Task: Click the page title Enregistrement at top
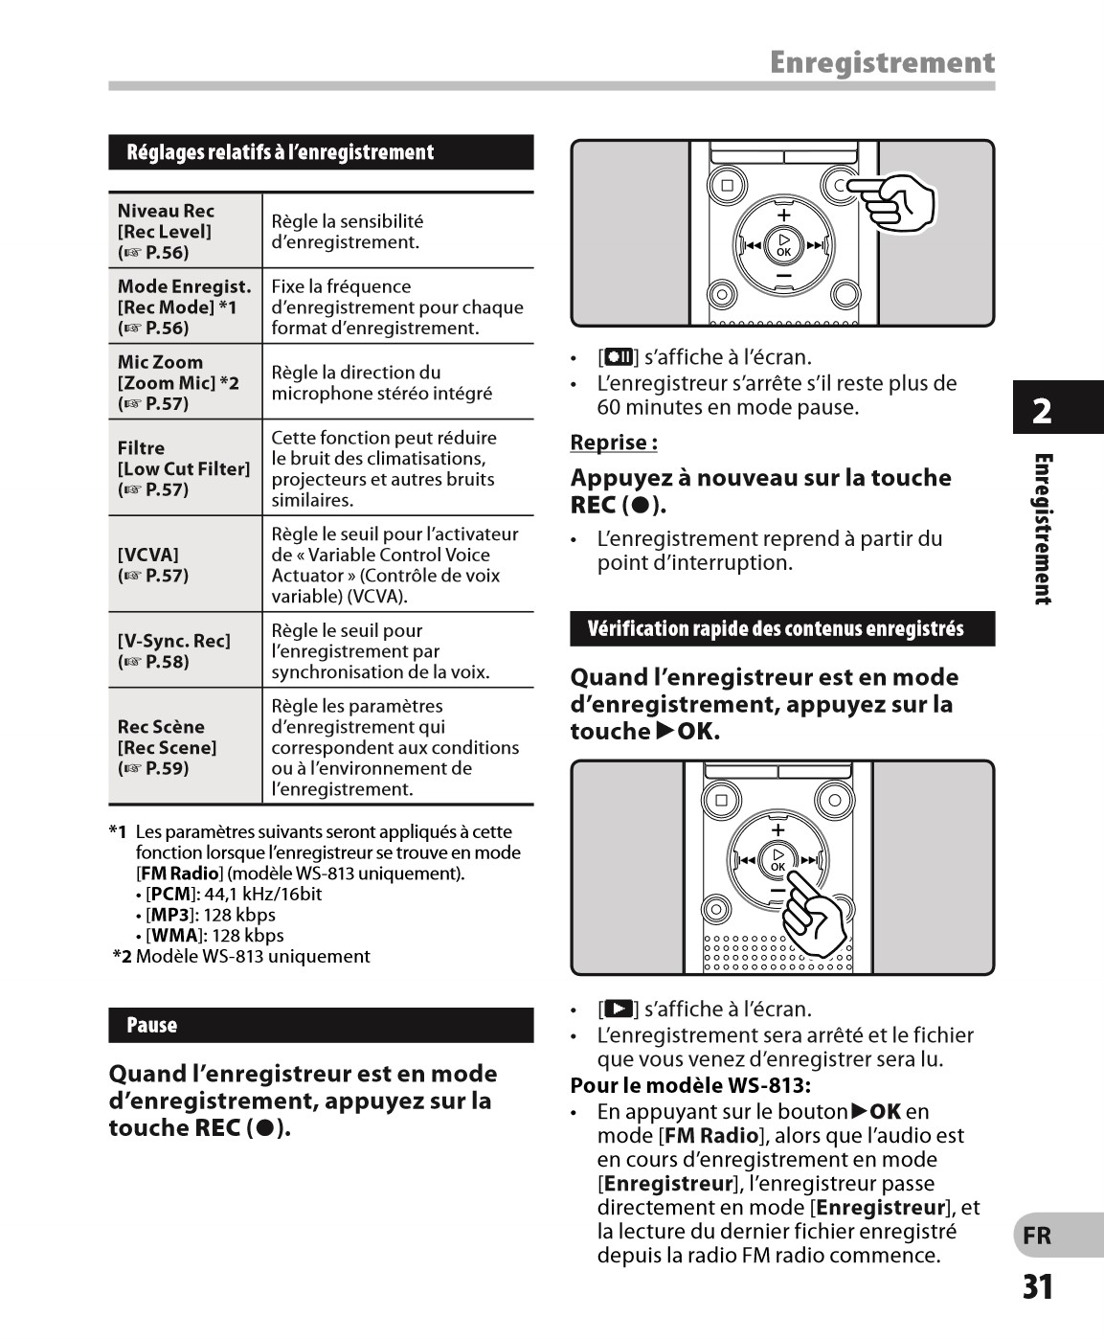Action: [x=882, y=63]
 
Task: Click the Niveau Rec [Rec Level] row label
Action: [x=166, y=231]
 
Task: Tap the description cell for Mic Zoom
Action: [x=381, y=382]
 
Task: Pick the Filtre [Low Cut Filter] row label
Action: [x=183, y=468]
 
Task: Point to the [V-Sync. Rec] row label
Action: [x=173, y=650]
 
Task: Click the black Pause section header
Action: [x=321, y=1025]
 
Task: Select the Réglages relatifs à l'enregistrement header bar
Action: [x=321, y=152]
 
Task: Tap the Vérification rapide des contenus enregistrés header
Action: [x=782, y=629]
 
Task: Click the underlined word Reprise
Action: [x=614, y=443]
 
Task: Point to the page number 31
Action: [x=1038, y=1286]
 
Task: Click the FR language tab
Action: [x=1038, y=1236]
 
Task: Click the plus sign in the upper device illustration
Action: [x=784, y=215]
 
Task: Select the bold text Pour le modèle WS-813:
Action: [x=690, y=1085]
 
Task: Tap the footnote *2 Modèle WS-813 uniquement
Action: [x=240, y=956]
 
